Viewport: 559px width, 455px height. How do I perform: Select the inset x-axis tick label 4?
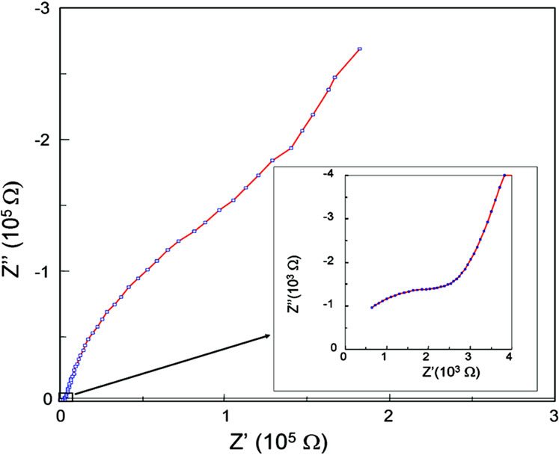pyautogui.click(x=510, y=359)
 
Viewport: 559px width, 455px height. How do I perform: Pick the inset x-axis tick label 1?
pyautogui.click(x=385, y=359)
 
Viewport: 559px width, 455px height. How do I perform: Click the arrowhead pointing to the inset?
pyautogui.click(x=267, y=337)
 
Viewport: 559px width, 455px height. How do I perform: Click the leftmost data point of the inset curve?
pyautogui.click(x=372, y=307)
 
